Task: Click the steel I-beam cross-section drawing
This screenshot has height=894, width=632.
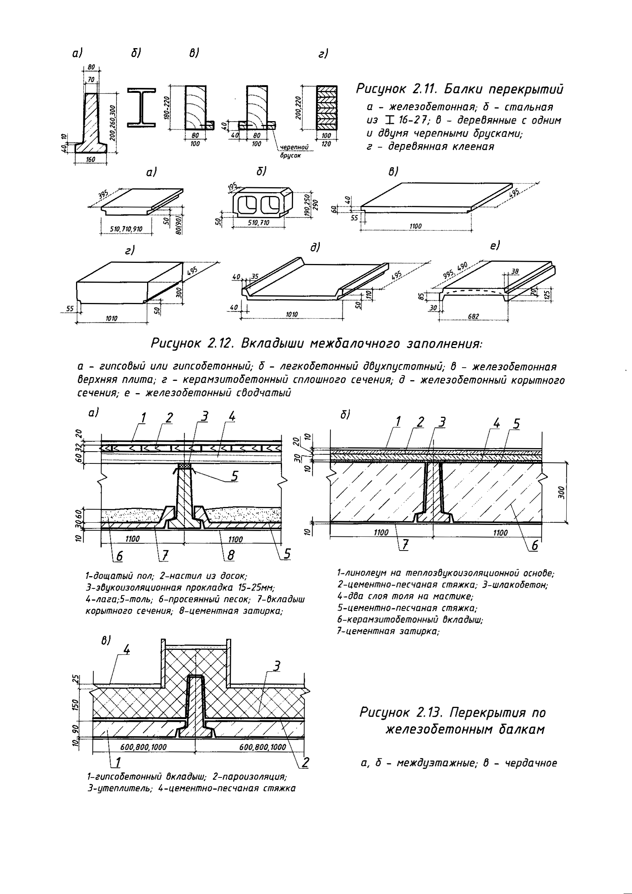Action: pos(141,107)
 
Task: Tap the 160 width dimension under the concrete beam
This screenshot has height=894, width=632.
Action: pos(91,159)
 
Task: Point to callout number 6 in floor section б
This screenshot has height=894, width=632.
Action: pos(535,546)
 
